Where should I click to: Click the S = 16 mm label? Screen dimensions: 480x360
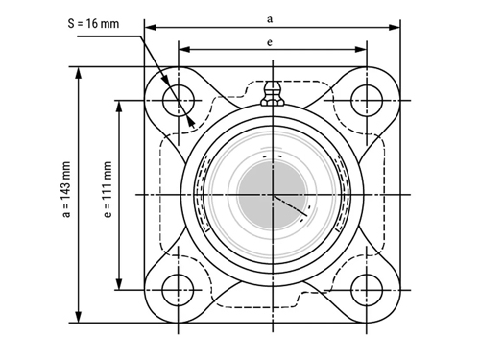point(93,24)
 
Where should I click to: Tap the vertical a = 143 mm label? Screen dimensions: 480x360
point(66,190)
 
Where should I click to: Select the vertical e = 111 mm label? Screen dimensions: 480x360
point(108,189)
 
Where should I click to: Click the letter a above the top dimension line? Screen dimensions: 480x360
point(270,19)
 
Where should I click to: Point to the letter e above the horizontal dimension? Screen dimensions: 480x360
point(270,42)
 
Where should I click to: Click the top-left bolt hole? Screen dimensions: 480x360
point(179,101)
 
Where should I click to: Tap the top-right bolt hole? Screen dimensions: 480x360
point(367,101)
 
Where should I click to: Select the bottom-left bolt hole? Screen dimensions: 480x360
point(179,290)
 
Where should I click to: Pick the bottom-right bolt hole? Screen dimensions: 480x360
point(367,290)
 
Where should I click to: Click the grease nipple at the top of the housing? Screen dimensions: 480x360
point(273,93)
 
